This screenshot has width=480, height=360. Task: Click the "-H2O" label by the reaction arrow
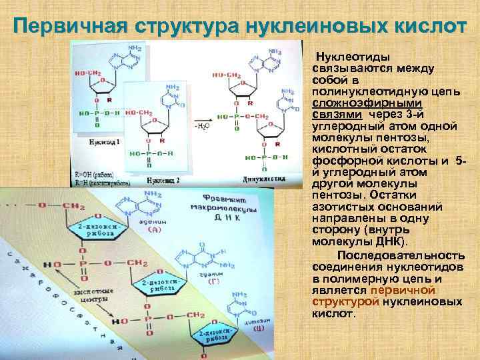click(202, 125)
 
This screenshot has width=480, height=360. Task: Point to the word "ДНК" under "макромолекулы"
click(227, 217)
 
